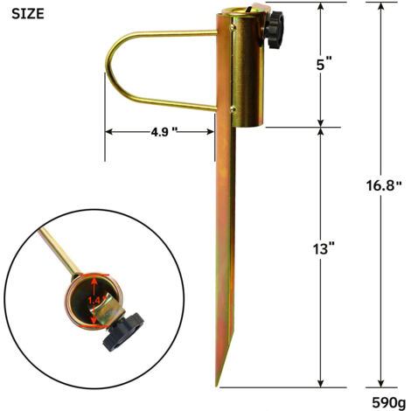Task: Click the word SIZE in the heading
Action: click(28, 14)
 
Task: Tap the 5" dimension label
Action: click(324, 64)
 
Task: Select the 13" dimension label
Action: click(324, 249)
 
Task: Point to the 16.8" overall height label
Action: click(384, 185)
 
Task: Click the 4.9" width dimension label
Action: click(164, 132)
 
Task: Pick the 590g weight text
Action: click(388, 403)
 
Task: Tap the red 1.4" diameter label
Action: click(94, 300)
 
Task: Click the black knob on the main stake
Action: click(274, 30)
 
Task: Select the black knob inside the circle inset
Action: click(123, 331)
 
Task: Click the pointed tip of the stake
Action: click(217, 386)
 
